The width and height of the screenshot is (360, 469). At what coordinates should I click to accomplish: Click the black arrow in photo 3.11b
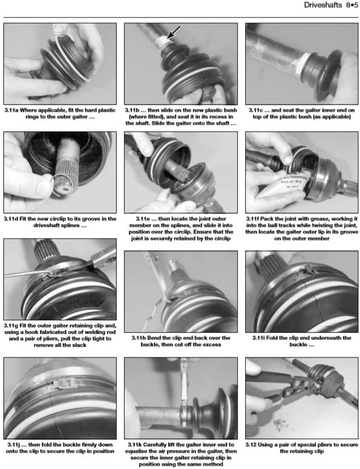point(174,32)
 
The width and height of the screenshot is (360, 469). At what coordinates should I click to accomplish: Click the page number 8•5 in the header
point(352,5)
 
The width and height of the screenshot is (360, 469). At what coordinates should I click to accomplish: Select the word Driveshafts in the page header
point(323,5)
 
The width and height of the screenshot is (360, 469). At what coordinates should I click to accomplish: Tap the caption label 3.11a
point(11,110)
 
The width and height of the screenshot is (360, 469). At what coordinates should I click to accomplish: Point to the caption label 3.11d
point(11,218)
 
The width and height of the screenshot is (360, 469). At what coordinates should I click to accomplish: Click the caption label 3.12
point(251,445)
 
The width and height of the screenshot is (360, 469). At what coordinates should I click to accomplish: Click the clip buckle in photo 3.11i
point(311,270)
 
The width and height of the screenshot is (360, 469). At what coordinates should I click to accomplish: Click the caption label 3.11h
point(139,338)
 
